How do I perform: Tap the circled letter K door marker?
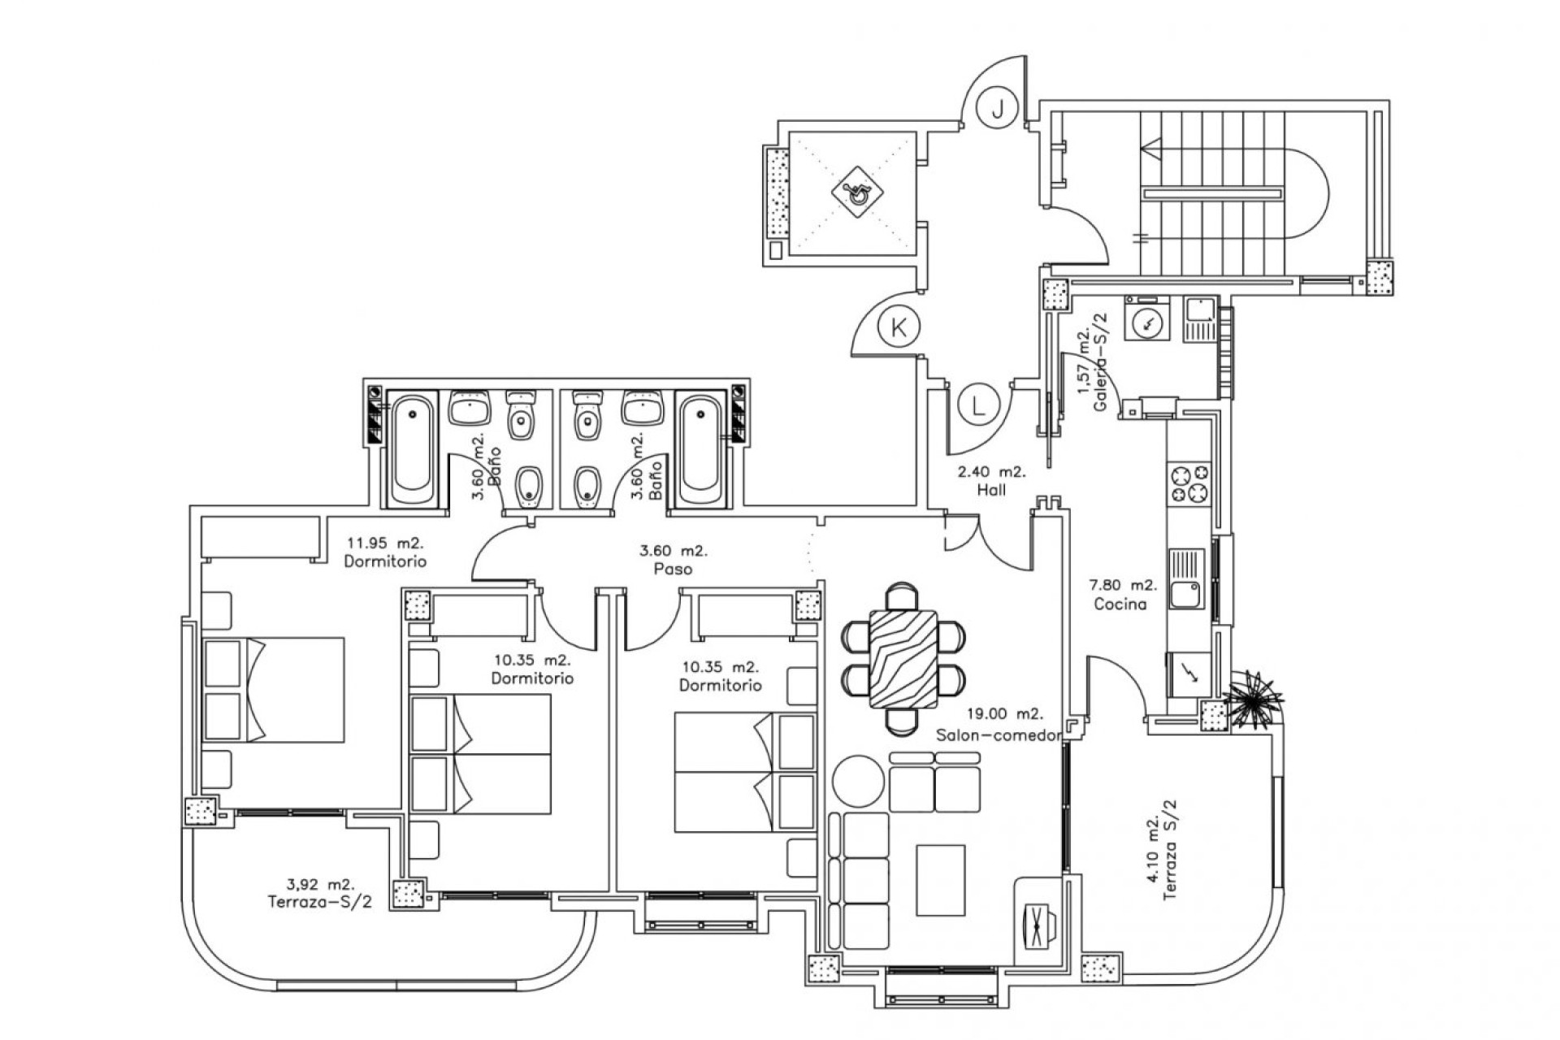click(899, 328)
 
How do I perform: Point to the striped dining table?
click(902, 659)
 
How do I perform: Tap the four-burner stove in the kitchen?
click(1188, 484)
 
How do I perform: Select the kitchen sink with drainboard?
click(1187, 579)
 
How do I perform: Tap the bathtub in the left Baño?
click(413, 448)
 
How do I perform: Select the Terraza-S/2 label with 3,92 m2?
click(318, 893)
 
